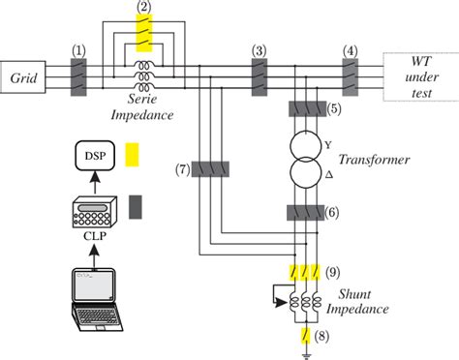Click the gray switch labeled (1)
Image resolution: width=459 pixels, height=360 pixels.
[x=79, y=75]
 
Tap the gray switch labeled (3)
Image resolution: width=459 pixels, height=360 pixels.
[x=259, y=75]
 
